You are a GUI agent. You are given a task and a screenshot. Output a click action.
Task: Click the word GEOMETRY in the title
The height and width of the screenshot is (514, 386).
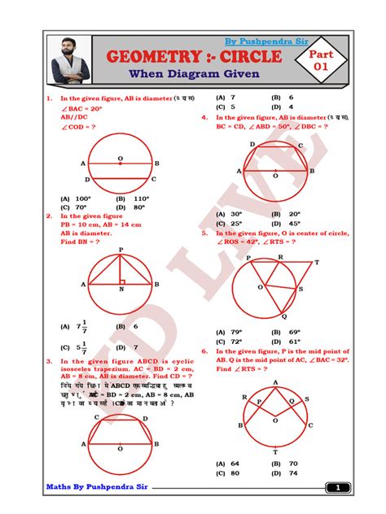pyautogui.click(x=160, y=58)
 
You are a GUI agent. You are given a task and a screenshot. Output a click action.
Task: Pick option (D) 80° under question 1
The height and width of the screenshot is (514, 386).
pyautogui.click(x=131, y=207)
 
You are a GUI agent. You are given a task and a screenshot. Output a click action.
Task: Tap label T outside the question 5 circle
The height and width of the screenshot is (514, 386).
pyautogui.click(x=317, y=263)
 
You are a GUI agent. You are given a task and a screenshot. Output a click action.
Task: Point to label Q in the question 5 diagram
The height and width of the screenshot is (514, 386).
pyautogui.click(x=283, y=317)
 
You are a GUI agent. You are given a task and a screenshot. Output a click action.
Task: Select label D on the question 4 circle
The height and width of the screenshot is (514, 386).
pyautogui.click(x=252, y=144)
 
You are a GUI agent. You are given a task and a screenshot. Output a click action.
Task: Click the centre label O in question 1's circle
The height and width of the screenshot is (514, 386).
pyautogui.click(x=120, y=158)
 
